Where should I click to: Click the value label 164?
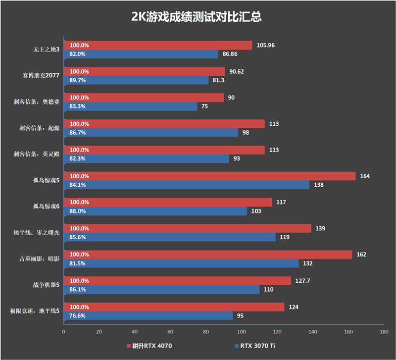[x=365, y=176]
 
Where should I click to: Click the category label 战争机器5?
[x=45, y=285]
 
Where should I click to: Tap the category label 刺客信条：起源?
[x=37, y=127]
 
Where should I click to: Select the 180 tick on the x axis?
[x=383, y=332]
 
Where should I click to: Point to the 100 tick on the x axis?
[x=241, y=332]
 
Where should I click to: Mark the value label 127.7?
[x=303, y=281]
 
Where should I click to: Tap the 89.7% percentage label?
[x=78, y=80]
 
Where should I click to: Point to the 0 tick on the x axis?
[x=63, y=332]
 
